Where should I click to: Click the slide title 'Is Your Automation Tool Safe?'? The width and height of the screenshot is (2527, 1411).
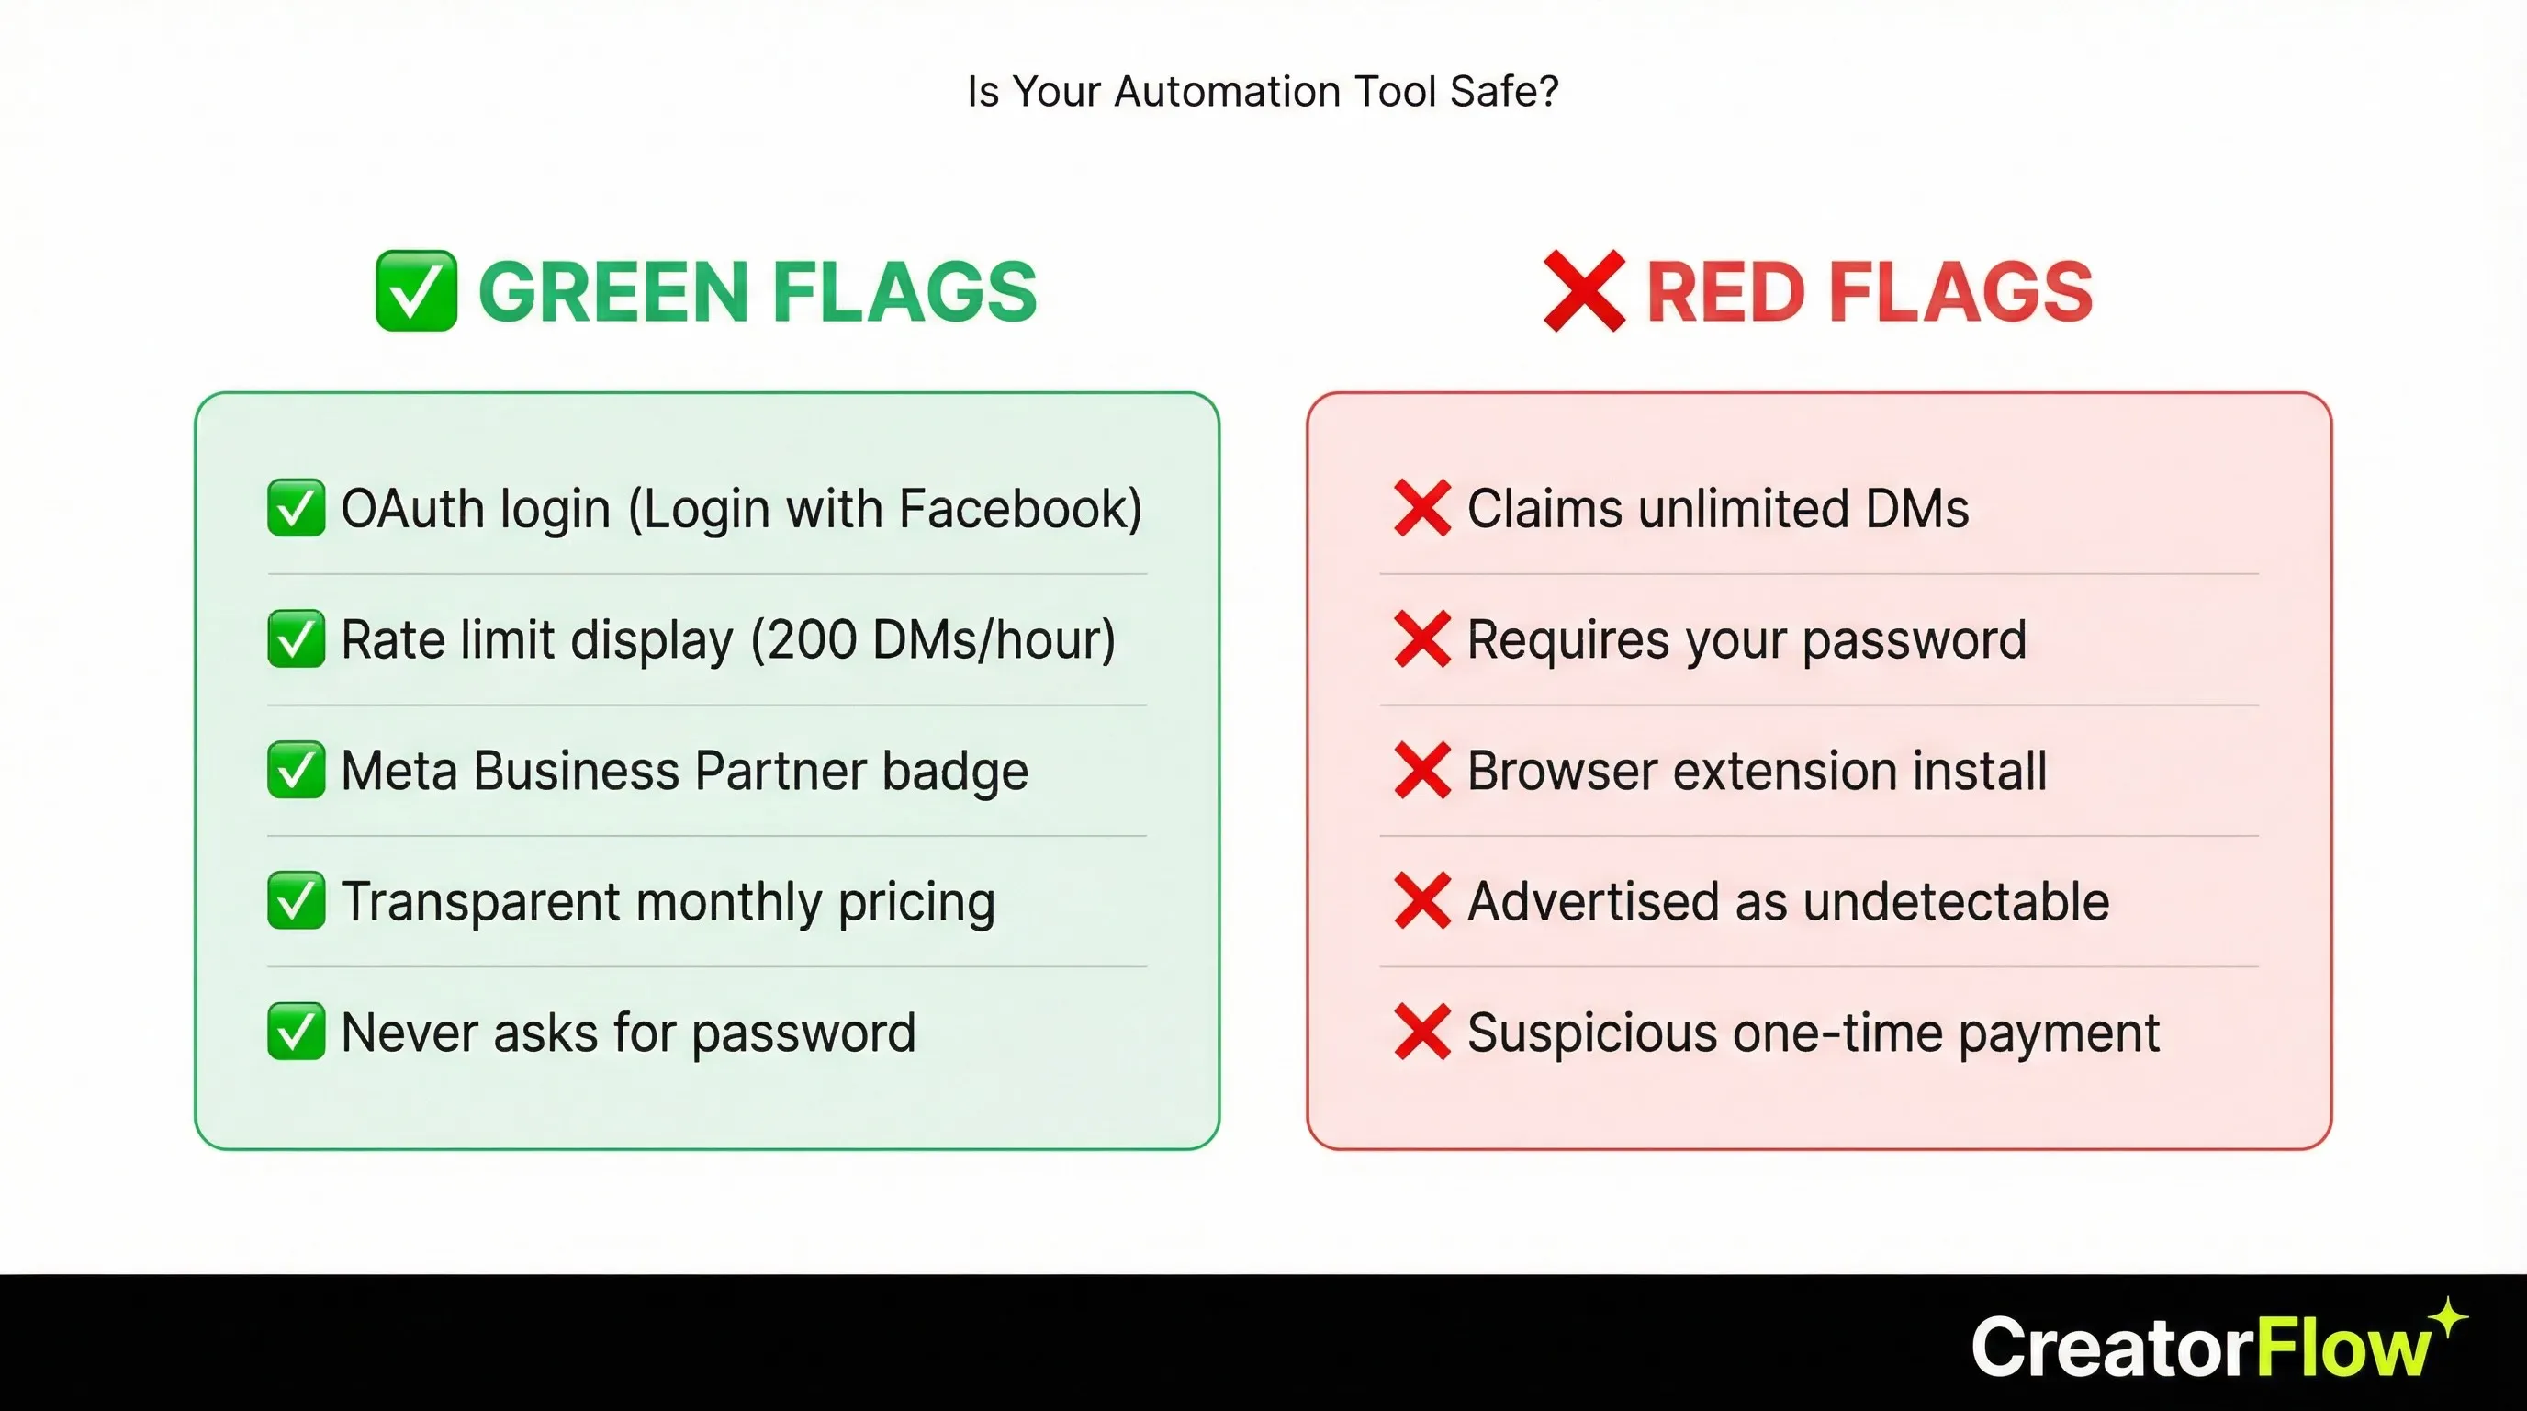pyautogui.click(x=1263, y=91)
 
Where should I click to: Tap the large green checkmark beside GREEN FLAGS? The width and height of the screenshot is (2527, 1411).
pyautogui.click(x=416, y=291)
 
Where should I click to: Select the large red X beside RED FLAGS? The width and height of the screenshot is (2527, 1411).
pyautogui.click(x=1583, y=291)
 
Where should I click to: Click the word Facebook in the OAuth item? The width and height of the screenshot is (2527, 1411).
pyautogui.click(x=1019, y=509)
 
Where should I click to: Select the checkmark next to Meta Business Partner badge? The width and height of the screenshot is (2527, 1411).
pyautogui.click(x=296, y=770)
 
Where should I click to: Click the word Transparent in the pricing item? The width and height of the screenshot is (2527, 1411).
pyautogui.click(x=480, y=902)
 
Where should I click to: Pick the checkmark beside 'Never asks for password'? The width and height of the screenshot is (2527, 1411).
pyautogui.click(x=296, y=1033)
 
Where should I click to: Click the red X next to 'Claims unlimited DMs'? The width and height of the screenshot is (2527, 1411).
pyautogui.click(x=1421, y=509)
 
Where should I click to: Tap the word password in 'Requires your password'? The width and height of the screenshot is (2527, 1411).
pyautogui.click(x=1914, y=639)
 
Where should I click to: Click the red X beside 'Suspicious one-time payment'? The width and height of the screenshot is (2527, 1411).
pyautogui.click(x=1421, y=1033)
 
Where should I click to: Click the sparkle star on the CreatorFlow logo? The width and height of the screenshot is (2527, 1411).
pyautogui.click(x=2449, y=1316)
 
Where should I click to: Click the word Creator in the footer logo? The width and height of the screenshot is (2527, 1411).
pyautogui.click(x=2112, y=1349)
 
